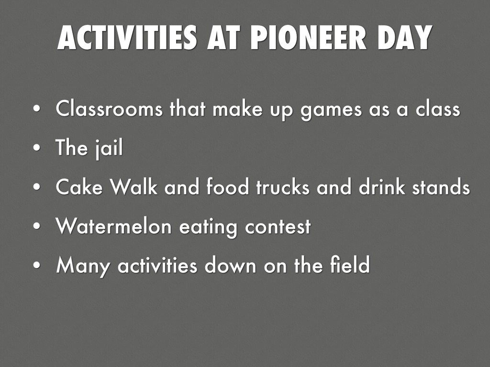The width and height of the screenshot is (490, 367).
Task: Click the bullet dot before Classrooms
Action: coord(37,109)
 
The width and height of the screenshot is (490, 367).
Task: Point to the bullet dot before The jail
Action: coord(37,148)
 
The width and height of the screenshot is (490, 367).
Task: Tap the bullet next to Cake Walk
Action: coord(37,187)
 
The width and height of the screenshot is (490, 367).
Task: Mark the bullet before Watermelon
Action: coord(37,226)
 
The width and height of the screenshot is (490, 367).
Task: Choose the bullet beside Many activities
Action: coord(37,265)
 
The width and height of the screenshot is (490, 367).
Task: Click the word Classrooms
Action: coord(109,108)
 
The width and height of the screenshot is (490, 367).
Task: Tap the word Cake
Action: coord(79,187)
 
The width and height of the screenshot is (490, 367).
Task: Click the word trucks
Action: coord(283,187)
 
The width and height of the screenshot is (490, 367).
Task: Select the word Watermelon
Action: coord(114,226)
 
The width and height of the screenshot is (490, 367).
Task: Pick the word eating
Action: coord(208,227)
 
